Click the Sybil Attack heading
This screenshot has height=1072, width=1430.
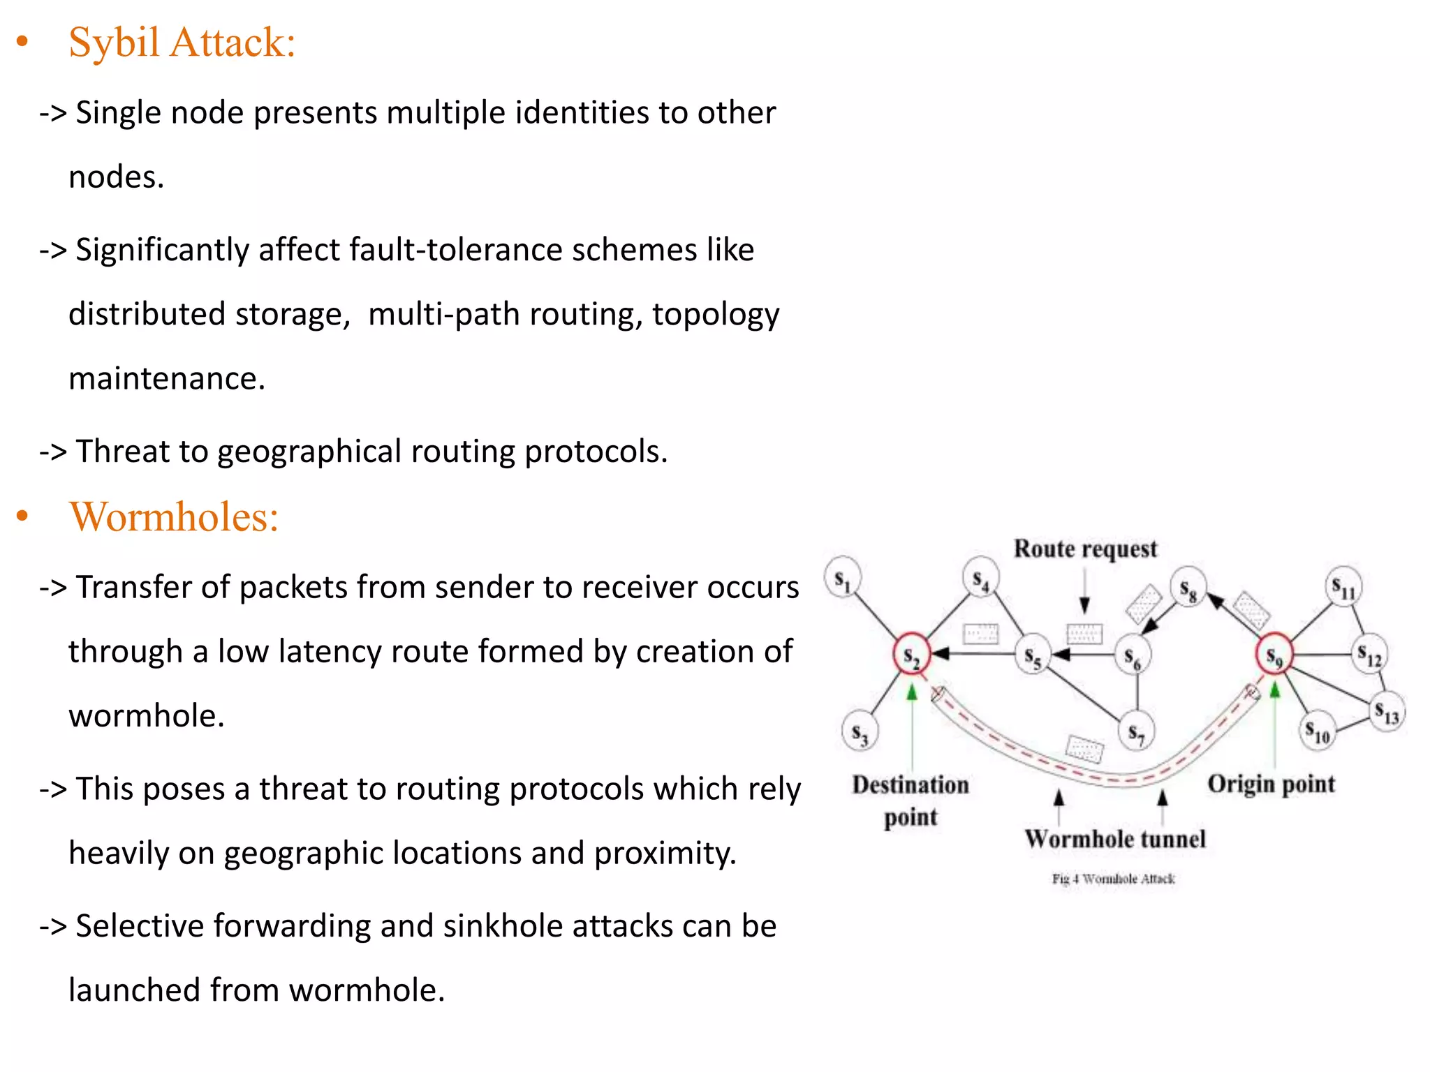click(182, 43)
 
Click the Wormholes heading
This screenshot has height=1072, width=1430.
click(174, 517)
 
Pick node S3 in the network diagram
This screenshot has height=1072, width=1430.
click(860, 732)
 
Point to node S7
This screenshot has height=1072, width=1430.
click(1136, 732)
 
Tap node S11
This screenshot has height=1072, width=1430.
click(1343, 587)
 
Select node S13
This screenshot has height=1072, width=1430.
click(1387, 712)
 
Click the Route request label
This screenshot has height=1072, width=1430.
click(1085, 549)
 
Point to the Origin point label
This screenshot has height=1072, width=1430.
click(1271, 784)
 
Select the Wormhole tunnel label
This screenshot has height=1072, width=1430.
click(1115, 839)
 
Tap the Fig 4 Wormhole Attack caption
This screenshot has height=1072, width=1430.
click(1113, 879)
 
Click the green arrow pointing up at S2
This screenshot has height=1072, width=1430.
click(911, 692)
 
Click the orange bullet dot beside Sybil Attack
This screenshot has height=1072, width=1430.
click(22, 43)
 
